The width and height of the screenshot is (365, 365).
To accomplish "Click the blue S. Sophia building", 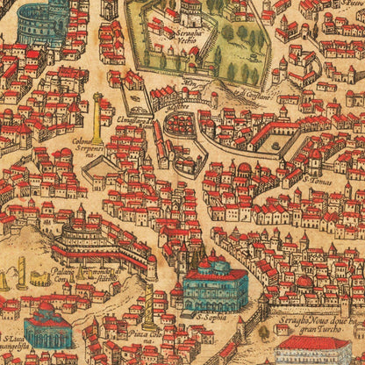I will click(216, 287).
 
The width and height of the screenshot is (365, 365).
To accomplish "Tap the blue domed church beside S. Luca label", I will click(47, 328).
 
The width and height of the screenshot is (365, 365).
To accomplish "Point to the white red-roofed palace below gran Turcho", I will click(316, 353).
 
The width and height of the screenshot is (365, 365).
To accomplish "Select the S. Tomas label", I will click(316, 182).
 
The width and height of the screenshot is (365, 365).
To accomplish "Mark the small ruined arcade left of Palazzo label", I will click(39, 278).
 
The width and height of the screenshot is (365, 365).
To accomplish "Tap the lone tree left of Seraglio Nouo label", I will click(263, 333).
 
